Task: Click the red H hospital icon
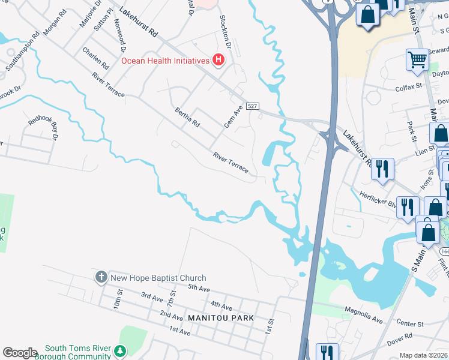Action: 219,60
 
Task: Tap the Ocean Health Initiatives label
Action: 164,60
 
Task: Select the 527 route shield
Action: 253,106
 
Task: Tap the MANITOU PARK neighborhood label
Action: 220,317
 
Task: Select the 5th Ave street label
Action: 198,289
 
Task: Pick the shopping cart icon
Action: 417,59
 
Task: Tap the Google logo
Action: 20,353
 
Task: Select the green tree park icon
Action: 121,350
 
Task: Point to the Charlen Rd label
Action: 96,58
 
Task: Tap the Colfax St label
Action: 409,86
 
